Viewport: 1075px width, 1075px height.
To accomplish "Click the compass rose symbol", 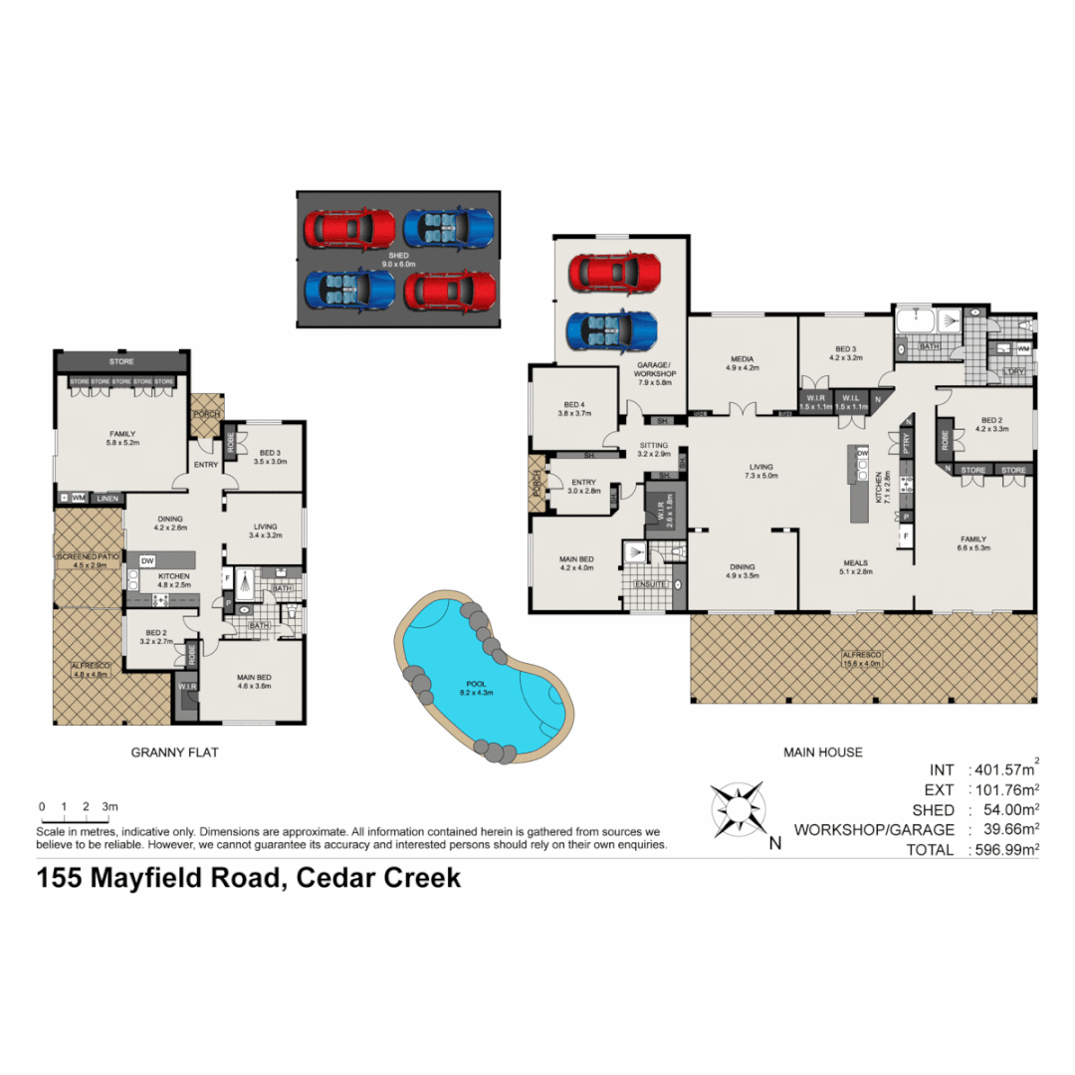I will click(738, 807).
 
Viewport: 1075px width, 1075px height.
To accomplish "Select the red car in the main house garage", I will click(613, 271).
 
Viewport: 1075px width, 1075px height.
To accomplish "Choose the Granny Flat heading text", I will click(174, 752).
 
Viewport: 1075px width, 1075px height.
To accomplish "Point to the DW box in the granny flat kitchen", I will click(147, 561).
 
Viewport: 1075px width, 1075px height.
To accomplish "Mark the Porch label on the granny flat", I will click(207, 413).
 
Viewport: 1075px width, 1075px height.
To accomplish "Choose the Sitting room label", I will click(653, 449).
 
